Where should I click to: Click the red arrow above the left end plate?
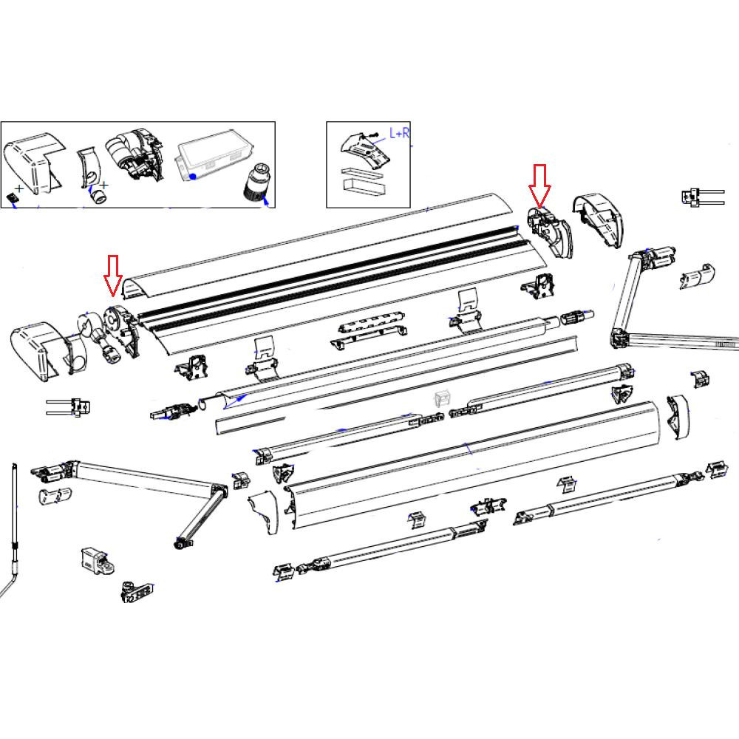112,273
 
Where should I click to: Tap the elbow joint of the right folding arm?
619,338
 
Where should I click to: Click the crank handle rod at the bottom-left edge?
15,532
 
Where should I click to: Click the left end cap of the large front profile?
263,512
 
